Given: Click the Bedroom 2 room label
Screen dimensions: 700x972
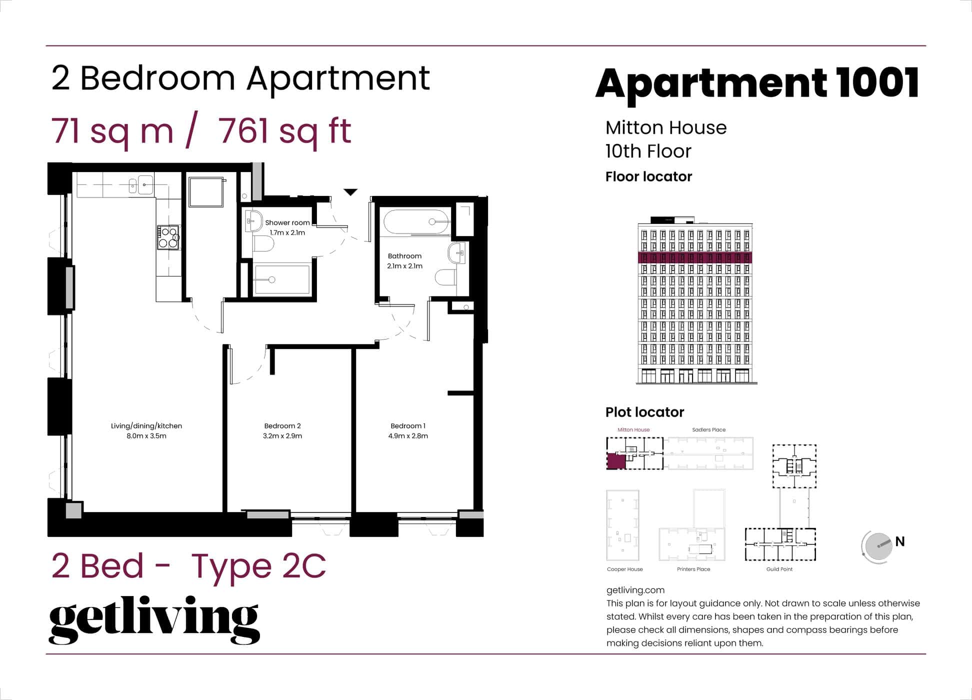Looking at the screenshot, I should (x=282, y=426).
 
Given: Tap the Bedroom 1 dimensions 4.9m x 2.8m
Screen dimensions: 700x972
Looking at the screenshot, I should (x=408, y=436).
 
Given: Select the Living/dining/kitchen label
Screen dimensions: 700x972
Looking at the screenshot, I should (x=146, y=426).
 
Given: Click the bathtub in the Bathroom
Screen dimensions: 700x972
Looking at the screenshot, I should (x=415, y=222).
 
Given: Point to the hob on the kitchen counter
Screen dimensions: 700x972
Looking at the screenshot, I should (x=168, y=237).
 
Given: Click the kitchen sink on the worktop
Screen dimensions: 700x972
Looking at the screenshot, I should (x=145, y=185).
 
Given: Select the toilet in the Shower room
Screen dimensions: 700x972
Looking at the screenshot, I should (x=263, y=244).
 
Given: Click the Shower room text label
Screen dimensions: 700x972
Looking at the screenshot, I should (x=287, y=223).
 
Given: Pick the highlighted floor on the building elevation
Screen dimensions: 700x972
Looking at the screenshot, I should (x=695, y=258).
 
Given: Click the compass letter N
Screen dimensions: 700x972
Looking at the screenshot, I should (x=900, y=541).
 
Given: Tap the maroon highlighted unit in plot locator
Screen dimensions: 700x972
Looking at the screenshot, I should (x=616, y=460).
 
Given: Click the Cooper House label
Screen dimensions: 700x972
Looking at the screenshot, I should (x=624, y=569).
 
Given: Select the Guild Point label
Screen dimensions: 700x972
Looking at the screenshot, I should (x=779, y=569).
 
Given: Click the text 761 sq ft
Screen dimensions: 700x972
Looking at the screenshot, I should (x=284, y=131).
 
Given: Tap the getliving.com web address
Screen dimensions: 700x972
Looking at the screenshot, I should (x=635, y=590).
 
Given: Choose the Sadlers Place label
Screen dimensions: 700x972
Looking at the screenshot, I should (x=708, y=429).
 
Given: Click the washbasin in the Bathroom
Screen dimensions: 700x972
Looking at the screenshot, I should (x=457, y=253).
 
